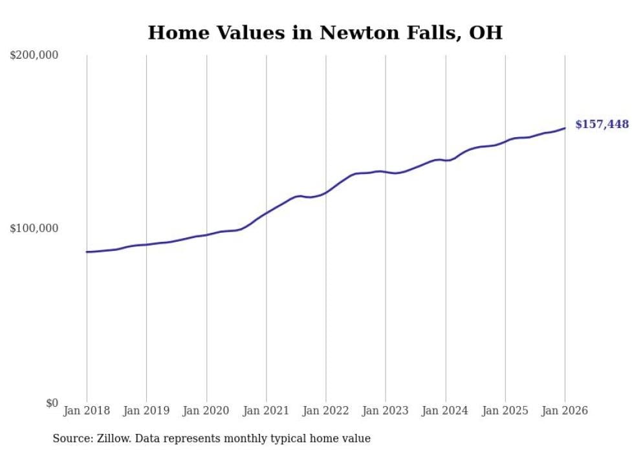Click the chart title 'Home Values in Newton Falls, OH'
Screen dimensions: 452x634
[x=325, y=32]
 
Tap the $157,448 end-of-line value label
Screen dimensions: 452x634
[x=602, y=124]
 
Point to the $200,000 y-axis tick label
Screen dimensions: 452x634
[x=34, y=56]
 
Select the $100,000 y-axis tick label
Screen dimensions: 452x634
[x=34, y=229]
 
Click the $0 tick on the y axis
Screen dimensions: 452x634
[x=51, y=404]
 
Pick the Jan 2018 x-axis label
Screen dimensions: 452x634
[x=87, y=411]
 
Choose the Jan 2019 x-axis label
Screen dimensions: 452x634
[x=146, y=411]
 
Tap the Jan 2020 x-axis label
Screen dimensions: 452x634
[x=206, y=411]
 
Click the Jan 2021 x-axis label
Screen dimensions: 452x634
[x=266, y=411]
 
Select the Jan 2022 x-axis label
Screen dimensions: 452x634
[x=326, y=411]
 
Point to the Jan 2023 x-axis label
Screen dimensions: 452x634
[x=386, y=411]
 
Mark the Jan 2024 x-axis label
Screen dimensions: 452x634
[x=445, y=411]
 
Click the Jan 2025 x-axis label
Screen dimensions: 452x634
[x=505, y=411]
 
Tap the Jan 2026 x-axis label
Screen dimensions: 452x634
[x=565, y=411]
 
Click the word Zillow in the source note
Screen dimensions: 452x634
[x=113, y=439]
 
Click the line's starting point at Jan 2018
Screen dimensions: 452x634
[x=87, y=252]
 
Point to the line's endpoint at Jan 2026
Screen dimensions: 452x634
[x=565, y=128]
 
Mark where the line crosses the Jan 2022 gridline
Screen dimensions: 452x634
[x=326, y=192]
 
